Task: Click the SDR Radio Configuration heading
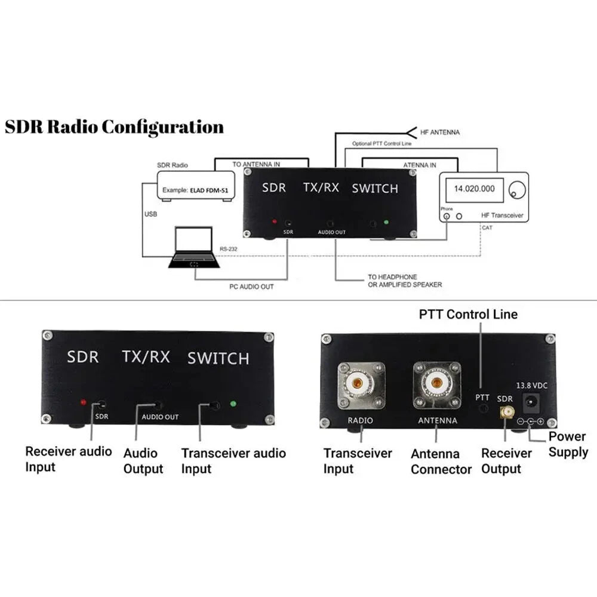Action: (x=115, y=127)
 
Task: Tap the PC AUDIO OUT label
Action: (x=251, y=287)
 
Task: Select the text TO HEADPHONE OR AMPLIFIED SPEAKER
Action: (x=405, y=281)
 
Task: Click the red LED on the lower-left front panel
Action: (x=84, y=403)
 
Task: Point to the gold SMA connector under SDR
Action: (x=505, y=411)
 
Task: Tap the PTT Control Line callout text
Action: (x=468, y=314)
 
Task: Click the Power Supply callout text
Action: (x=568, y=444)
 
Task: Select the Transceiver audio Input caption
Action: (x=233, y=461)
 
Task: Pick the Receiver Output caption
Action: (x=506, y=461)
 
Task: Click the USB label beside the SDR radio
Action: (x=150, y=213)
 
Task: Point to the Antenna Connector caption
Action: (x=441, y=462)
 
